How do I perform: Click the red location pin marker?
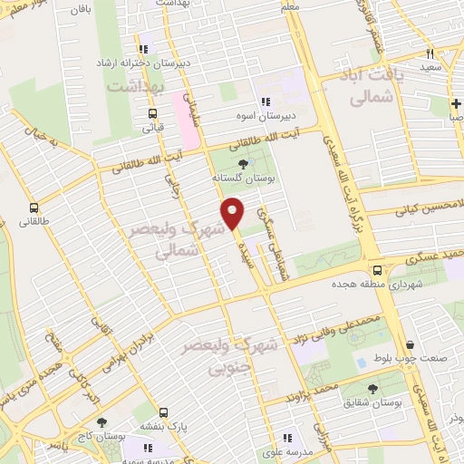[233, 213]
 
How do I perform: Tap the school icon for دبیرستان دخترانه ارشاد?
[142, 50]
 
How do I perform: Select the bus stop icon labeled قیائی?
[152, 114]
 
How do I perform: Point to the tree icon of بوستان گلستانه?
[241, 164]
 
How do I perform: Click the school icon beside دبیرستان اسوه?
[266, 101]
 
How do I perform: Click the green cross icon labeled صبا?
[456, 101]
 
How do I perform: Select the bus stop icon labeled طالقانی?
[34, 207]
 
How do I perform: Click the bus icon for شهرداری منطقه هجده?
[378, 269]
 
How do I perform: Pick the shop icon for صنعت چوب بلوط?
[411, 345]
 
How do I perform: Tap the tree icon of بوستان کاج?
[101, 421]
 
